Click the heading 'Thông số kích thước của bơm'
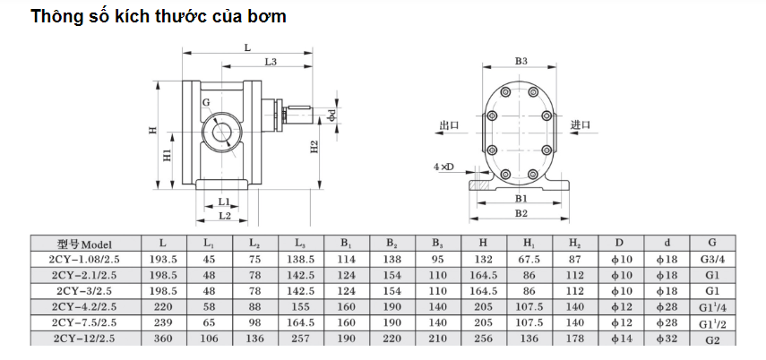159,16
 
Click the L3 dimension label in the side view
271,62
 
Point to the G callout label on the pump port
206,102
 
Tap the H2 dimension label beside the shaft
315,147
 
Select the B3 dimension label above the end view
521,61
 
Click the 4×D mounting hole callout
443,167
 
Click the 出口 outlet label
450,125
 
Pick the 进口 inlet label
581,124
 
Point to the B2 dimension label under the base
521,213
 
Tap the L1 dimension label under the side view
224,201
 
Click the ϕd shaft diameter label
331,116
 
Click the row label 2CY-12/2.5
85,338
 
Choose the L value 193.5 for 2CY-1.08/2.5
163,259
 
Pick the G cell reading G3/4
712,259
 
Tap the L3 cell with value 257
300,338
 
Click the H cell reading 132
483,259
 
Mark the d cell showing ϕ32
667,338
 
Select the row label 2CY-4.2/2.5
85,307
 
